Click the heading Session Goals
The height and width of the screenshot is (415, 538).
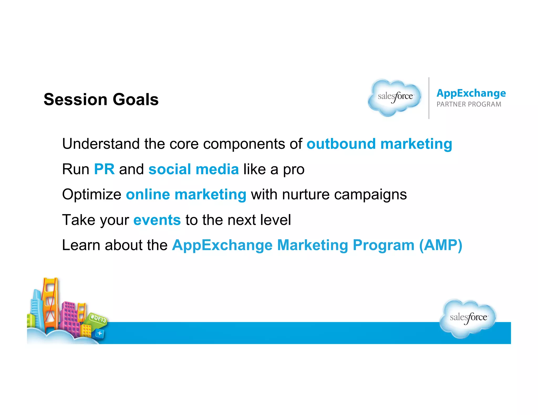(101, 99)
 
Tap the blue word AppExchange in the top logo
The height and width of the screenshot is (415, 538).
(471, 93)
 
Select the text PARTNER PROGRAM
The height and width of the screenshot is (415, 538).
(469, 104)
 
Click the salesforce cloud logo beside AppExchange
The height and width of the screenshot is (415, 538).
(395, 98)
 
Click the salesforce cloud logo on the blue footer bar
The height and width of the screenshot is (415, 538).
(468, 318)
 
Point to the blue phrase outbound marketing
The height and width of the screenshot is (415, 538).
(379, 144)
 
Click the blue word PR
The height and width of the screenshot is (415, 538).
(104, 169)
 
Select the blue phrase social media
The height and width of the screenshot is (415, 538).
(194, 169)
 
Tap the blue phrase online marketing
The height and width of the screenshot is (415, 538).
(186, 195)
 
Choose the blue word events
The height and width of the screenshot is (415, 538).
(157, 220)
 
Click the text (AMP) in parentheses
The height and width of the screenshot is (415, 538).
(441, 245)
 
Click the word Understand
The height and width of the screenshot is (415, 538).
(101, 144)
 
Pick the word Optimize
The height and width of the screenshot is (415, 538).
(92, 195)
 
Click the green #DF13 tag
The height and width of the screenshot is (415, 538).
(98, 319)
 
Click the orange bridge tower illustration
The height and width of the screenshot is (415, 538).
(51, 302)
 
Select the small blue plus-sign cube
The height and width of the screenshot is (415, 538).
(100, 333)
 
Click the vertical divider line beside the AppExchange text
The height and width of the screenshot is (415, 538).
(429, 98)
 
